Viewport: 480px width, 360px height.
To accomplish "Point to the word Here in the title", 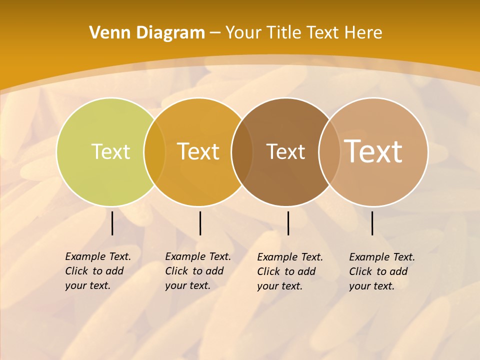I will pyautogui.click(x=363, y=33).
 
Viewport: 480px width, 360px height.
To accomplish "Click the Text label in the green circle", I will pyautogui.click(x=110, y=151).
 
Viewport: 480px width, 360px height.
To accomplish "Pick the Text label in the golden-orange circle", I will pyautogui.click(x=198, y=151).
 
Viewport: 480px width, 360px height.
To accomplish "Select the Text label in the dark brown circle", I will pyautogui.click(x=285, y=151).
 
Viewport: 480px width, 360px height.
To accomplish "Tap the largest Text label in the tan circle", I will pyautogui.click(x=373, y=151).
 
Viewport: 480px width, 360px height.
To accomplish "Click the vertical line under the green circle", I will pyautogui.click(x=112, y=223).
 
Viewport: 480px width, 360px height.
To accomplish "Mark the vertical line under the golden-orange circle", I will pyautogui.click(x=200, y=223).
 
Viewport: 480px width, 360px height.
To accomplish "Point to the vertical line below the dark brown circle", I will pyautogui.click(x=288, y=223).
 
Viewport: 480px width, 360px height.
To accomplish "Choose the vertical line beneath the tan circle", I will pyautogui.click(x=372, y=223).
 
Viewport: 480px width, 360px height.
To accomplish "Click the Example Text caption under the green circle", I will pyautogui.click(x=97, y=271).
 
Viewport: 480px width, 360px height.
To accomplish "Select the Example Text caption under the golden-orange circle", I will pyautogui.click(x=197, y=271).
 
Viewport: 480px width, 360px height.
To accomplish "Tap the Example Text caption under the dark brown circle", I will pyautogui.click(x=289, y=271).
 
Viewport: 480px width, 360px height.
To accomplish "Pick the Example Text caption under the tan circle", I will pyautogui.click(x=381, y=271).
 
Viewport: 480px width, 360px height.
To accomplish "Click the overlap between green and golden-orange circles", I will pyautogui.click(x=154, y=152).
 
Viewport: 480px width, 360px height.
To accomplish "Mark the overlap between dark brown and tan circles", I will pyautogui.click(x=329, y=152).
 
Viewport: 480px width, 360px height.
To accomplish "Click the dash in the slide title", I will pyautogui.click(x=215, y=33).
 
